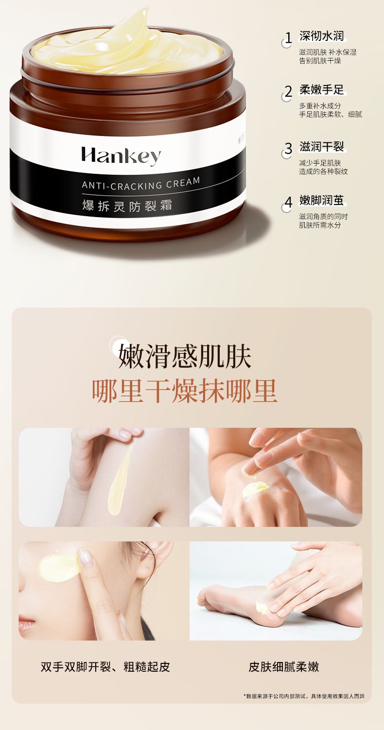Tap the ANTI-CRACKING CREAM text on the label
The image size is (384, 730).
pos(141,183)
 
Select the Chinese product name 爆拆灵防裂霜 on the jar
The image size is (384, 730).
pos(127,206)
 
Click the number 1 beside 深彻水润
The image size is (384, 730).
pos(288,38)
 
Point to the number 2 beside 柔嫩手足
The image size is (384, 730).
pos(288,92)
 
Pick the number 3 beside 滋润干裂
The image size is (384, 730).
pos(288,148)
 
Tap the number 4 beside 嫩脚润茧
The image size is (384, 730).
pos(288,202)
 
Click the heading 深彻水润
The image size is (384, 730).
pos(322,36)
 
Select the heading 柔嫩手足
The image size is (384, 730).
pos(322,90)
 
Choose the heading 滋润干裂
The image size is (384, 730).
pos(322,147)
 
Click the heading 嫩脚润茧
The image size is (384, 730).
pos(322,201)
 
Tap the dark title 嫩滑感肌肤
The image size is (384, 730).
pos(185,357)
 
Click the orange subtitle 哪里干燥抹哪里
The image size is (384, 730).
pos(185,391)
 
